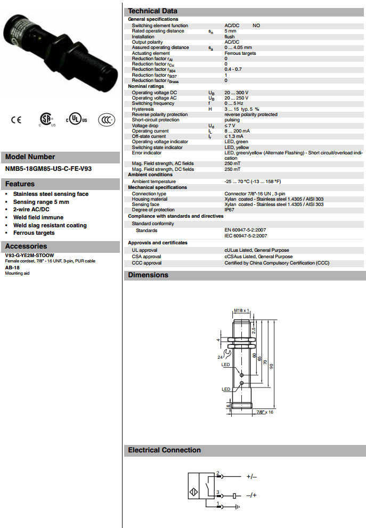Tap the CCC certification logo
107,120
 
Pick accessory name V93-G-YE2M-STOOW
29,255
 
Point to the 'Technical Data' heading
153,11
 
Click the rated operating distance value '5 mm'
230,31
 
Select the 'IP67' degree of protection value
230,210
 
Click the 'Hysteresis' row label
143,109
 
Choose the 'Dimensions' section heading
148,275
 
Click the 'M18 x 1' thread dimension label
241,310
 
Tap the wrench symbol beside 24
227,353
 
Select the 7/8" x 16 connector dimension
265,412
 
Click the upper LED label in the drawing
226,365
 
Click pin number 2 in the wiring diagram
218,473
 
